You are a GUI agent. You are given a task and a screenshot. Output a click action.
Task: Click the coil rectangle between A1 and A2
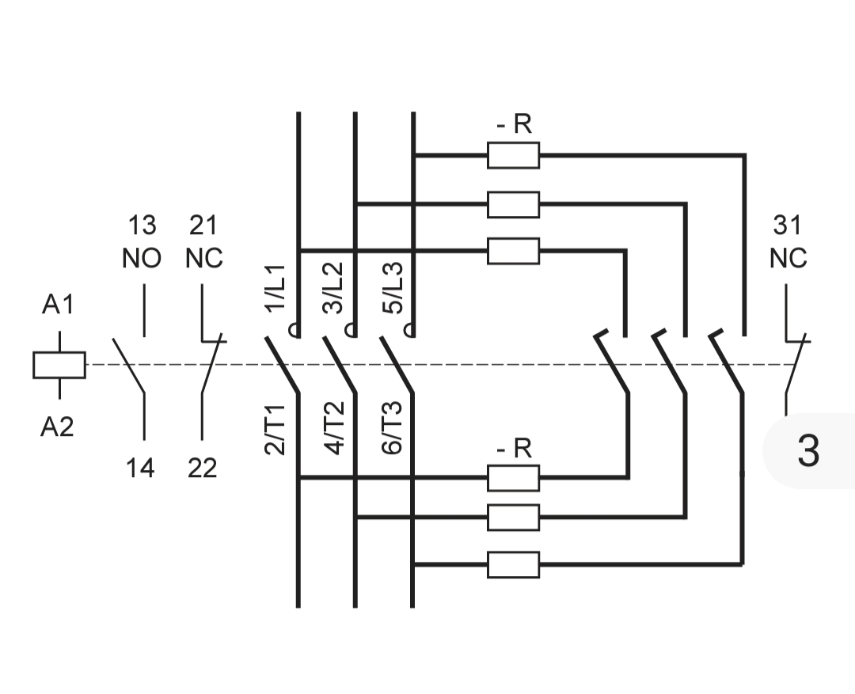click(59, 365)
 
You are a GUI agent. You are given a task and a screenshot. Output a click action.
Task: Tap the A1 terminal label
click(58, 304)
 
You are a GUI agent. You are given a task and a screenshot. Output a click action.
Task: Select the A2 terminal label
click(57, 427)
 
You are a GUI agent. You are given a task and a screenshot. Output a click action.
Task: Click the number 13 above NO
click(142, 226)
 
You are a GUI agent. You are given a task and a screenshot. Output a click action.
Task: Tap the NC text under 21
click(204, 259)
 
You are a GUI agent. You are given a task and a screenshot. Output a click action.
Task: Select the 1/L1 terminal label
click(275, 288)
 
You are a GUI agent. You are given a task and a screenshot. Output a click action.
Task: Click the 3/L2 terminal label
click(333, 288)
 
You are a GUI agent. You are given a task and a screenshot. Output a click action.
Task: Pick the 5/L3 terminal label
click(393, 288)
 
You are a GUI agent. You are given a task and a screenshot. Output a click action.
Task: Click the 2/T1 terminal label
click(274, 430)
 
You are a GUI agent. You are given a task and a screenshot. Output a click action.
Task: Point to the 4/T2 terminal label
click(334, 428)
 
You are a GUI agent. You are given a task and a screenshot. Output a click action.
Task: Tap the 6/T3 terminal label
click(392, 428)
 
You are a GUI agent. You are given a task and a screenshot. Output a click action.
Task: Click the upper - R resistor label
click(515, 124)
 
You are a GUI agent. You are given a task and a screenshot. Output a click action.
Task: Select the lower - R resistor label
click(515, 448)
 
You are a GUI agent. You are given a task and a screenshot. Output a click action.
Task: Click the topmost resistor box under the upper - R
click(513, 155)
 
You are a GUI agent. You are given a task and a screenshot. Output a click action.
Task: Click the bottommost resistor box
click(513, 565)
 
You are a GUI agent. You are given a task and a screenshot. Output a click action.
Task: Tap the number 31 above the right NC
click(788, 226)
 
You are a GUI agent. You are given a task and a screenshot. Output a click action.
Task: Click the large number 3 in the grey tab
click(808, 451)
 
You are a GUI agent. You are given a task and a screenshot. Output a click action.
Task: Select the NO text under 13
click(142, 259)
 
